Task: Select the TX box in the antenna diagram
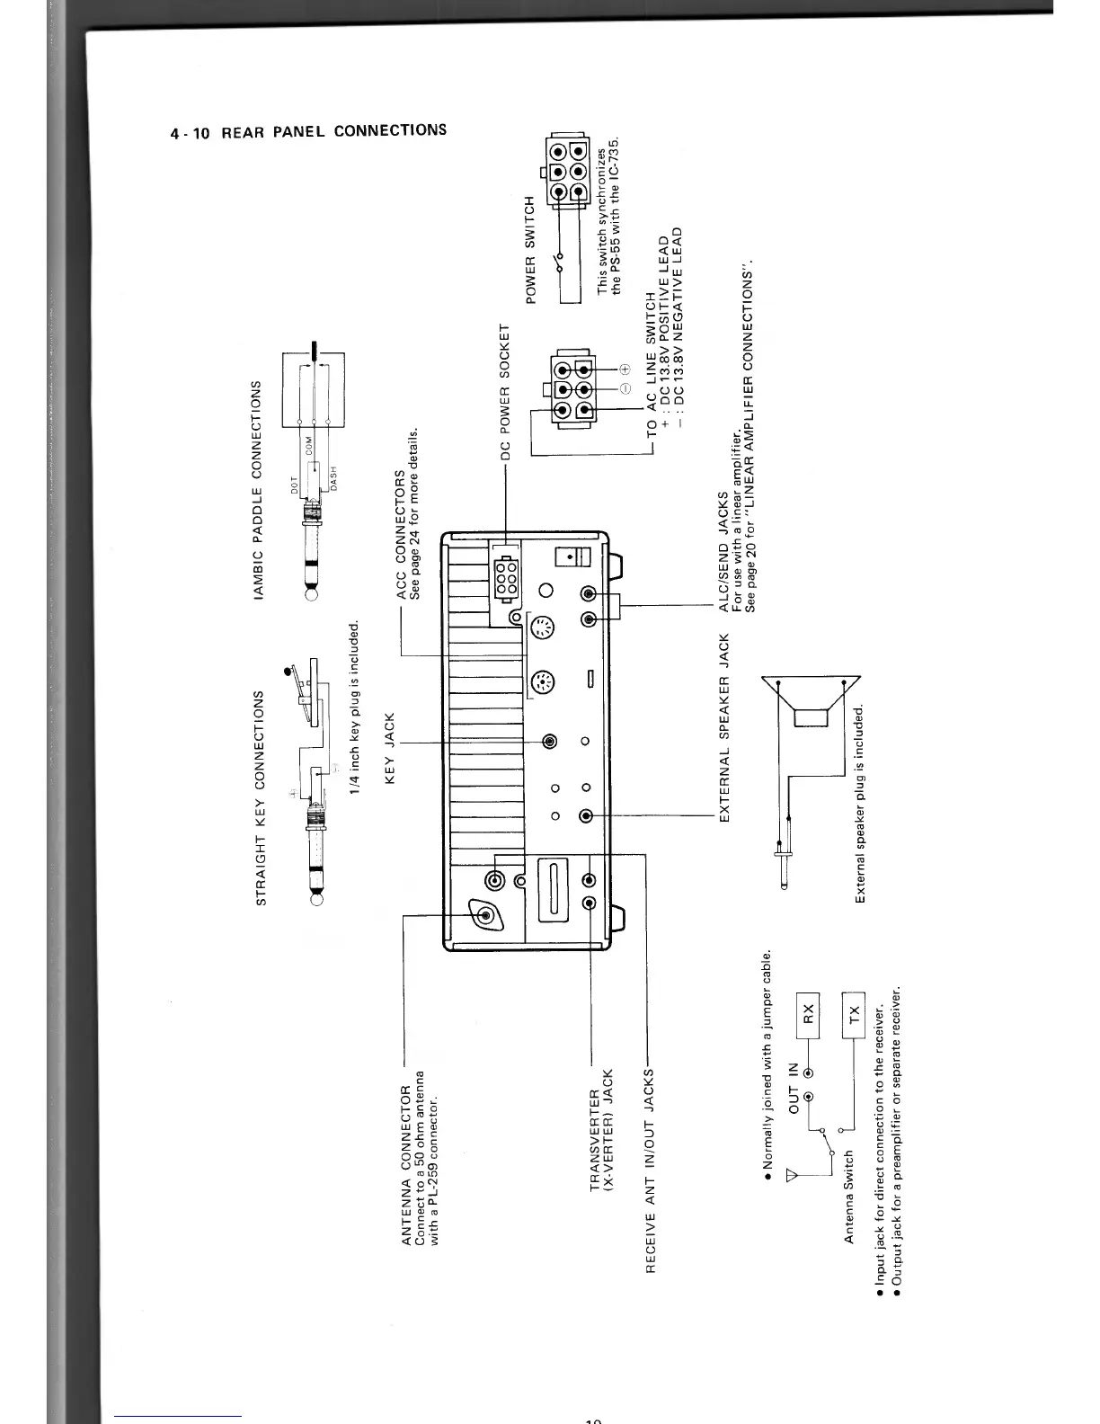point(853,1013)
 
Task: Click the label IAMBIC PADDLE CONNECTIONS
point(260,489)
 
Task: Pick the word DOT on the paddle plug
point(294,485)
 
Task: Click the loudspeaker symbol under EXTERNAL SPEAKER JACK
point(811,705)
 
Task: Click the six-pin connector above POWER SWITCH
point(567,169)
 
